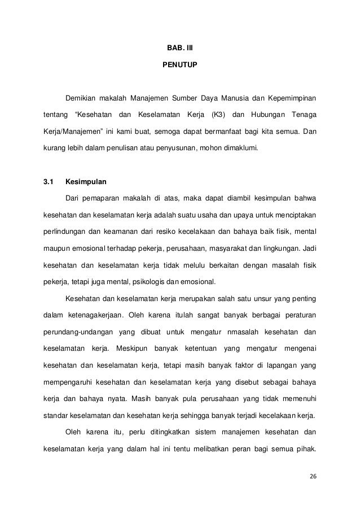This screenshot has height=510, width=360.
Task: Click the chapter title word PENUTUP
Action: click(x=180, y=66)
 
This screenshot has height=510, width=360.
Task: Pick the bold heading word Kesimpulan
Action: click(x=85, y=182)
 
